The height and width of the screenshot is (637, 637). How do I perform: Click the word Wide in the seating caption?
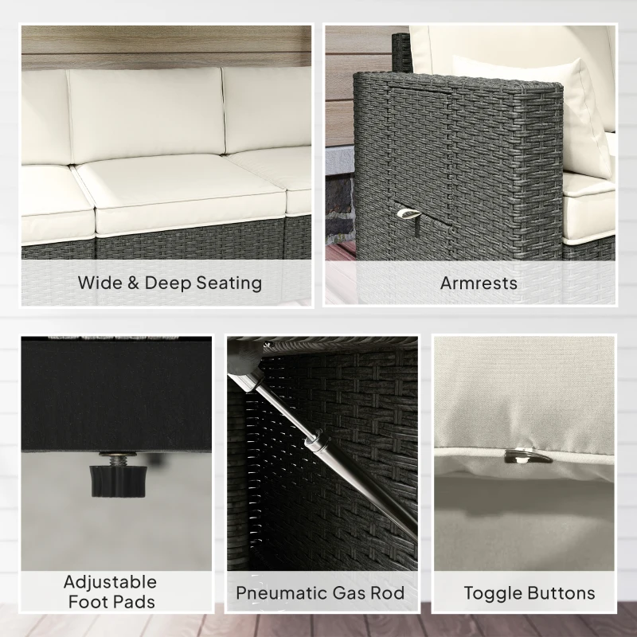click(100, 283)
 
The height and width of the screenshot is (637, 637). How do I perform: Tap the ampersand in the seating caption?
click(133, 283)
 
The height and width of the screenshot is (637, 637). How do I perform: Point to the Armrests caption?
click(479, 283)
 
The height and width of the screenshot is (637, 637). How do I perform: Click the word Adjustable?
click(110, 583)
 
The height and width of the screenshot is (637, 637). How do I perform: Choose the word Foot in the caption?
click(87, 602)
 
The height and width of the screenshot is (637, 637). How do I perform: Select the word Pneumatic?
click(279, 592)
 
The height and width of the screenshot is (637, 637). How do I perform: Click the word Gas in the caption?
click(346, 592)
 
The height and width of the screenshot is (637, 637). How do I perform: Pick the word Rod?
click(387, 592)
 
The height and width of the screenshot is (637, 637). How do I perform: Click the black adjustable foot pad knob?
click(118, 482)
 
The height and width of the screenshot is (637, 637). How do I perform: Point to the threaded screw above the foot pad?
click(117, 459)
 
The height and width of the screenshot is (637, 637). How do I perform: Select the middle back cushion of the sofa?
click(146, 115)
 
